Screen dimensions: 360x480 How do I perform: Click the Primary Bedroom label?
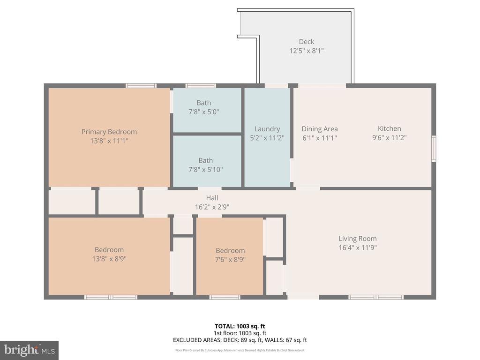(x=109, y=132)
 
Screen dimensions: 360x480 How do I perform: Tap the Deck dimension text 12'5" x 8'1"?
(x=306, y=51)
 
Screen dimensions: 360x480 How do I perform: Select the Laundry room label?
(x=267, y=129)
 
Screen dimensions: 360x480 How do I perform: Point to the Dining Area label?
(x=320, y=129)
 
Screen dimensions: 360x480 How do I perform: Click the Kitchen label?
(x=390, y=128)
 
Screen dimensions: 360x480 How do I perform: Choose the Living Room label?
(x=358, y=239)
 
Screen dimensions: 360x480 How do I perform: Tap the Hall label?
(x=212, y=198)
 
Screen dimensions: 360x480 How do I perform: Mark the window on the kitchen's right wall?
(x=434, y=149)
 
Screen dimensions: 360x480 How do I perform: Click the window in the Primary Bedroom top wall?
(x=141, y=86)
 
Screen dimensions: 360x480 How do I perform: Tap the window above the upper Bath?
(x=201, y=86)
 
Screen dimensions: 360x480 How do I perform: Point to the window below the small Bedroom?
(x=225, y=297)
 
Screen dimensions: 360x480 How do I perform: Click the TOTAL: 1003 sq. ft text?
(x=240, y=326)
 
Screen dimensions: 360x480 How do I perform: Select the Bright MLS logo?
(x=29, y=350)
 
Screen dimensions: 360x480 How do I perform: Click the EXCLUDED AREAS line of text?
(x=240, y=340)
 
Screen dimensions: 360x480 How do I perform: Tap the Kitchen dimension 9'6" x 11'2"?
(x=390, y=138)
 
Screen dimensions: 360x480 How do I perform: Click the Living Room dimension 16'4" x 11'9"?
(x=358, y=248)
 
